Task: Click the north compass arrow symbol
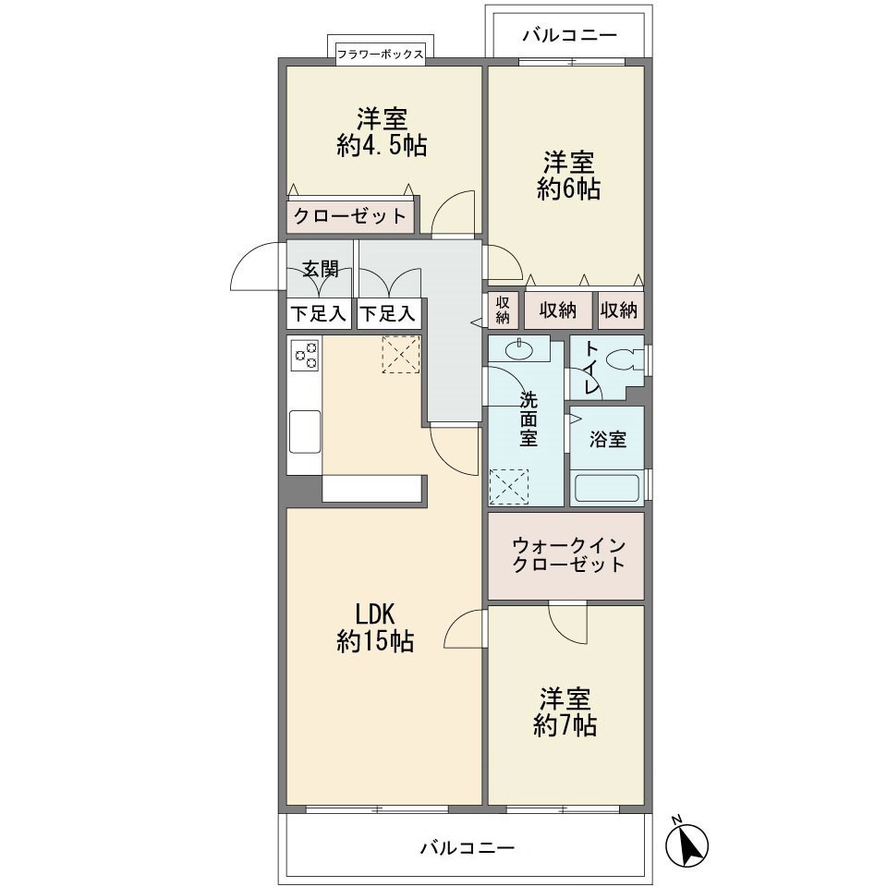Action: coord(687,842)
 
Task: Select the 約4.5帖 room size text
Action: coord(382,146)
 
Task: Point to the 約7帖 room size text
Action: coord(565,726)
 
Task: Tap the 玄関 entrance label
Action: coord(320,269)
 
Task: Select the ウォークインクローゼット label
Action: coord(566,554)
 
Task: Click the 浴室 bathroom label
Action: coord(607,440)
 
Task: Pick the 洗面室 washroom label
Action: coord(528,419)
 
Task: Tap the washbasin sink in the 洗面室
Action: coord(519,349)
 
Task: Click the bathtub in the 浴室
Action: coord(607,486)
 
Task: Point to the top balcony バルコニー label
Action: coord(568,36)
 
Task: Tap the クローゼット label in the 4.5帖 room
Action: coord(349,217)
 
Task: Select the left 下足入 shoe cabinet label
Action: coord(318,314)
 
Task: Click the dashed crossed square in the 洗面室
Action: coord(508,486)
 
